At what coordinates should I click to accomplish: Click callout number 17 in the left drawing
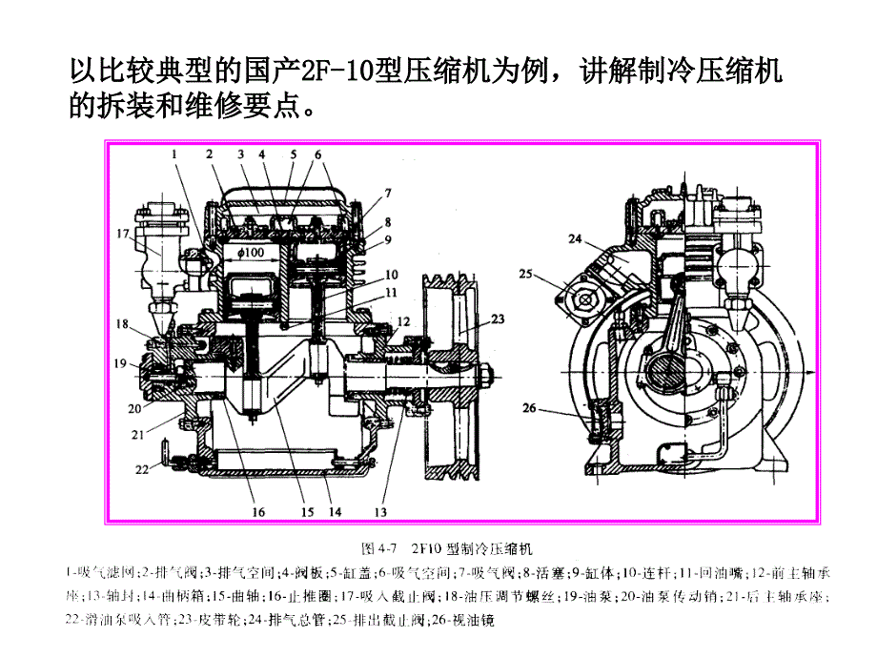tap(123, 233)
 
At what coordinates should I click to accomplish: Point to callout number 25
tap(525, 275)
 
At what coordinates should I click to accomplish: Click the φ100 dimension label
tap(252, 252)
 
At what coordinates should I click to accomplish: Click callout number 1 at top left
tap(175, 152)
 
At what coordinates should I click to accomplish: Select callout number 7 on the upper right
tap(387, 192)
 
